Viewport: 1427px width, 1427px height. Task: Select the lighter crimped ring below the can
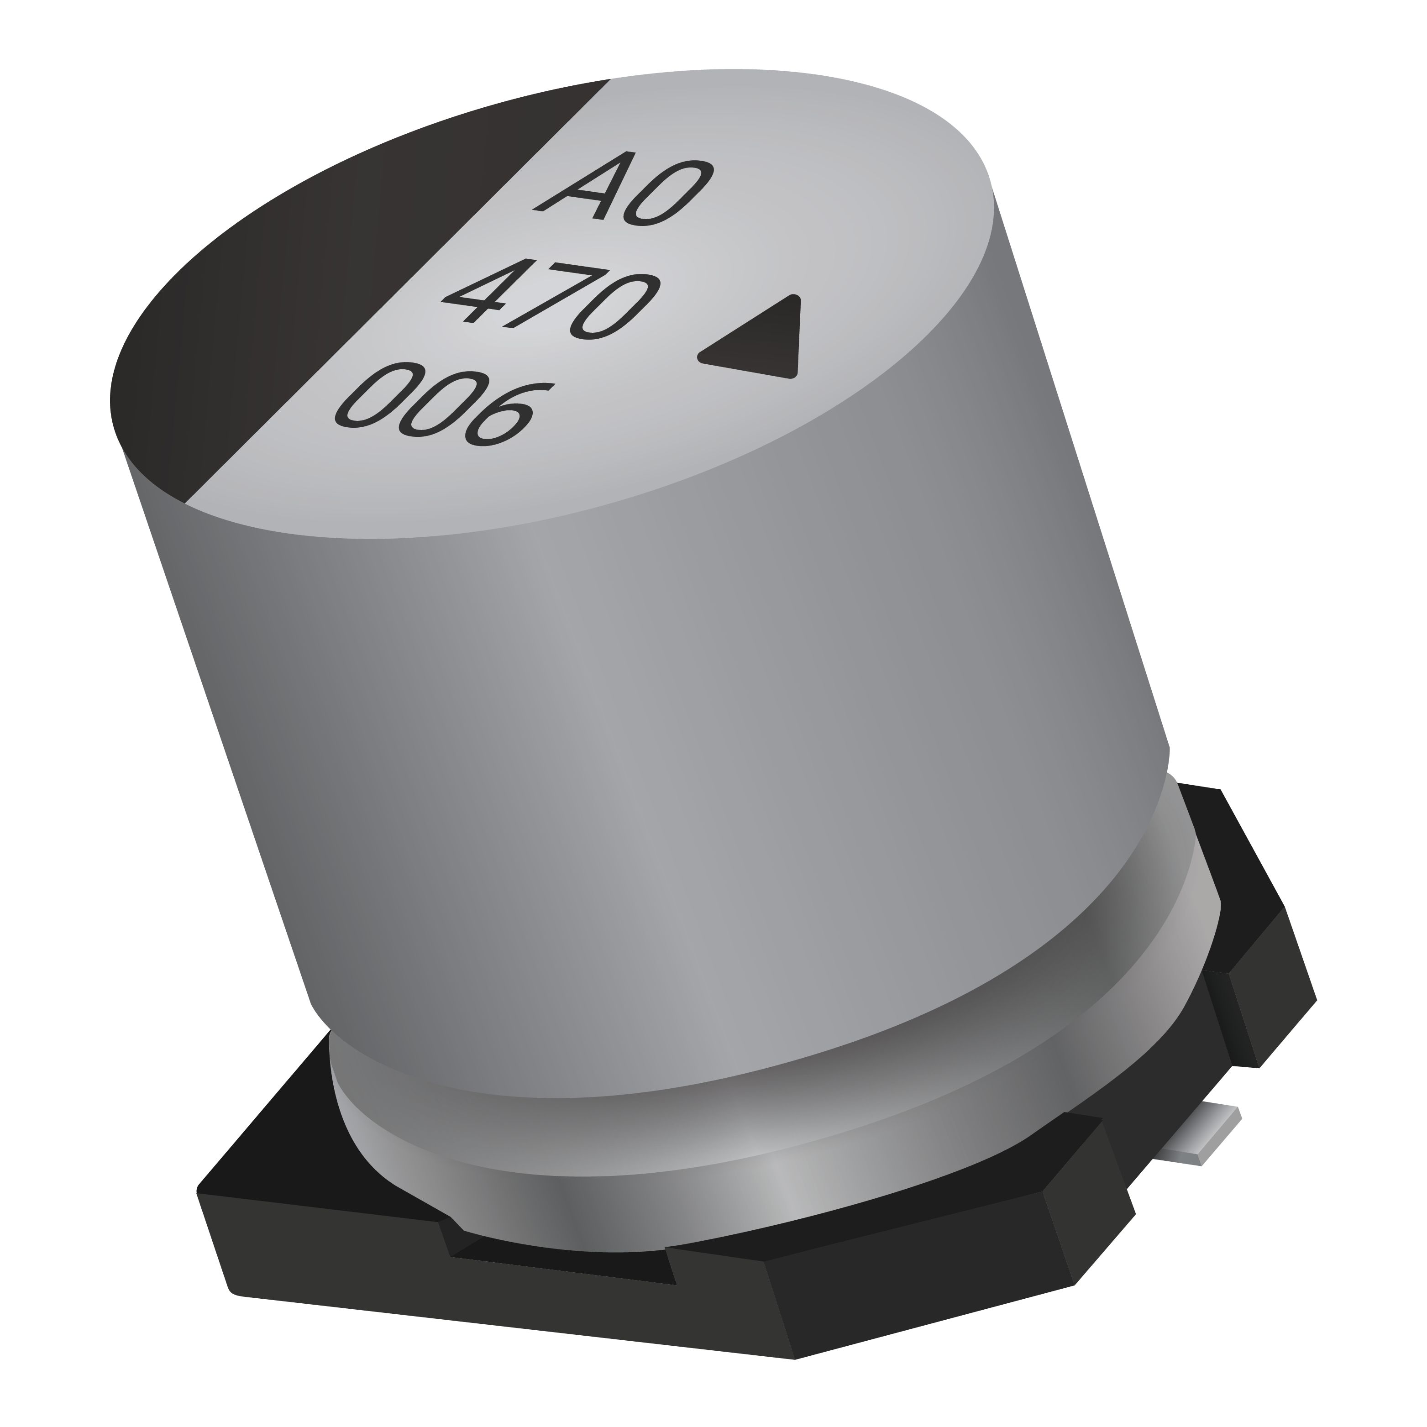click(x=739, y=1152)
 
